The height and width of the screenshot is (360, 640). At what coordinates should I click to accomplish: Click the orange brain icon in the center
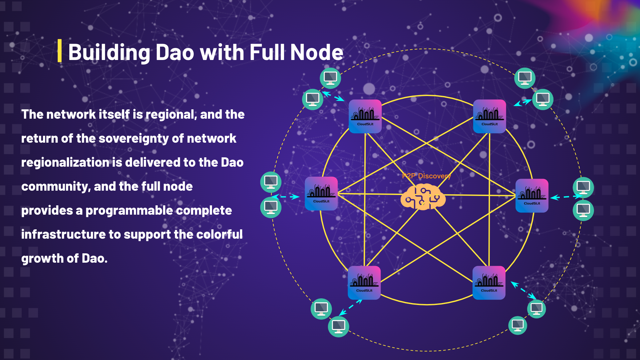tap(423, 197)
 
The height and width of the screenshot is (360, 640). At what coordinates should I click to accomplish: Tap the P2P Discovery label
tap(426, 176)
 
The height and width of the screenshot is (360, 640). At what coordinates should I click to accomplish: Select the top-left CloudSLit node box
tap(365, 116)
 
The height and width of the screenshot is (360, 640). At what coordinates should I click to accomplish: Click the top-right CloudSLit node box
tap(489, 116)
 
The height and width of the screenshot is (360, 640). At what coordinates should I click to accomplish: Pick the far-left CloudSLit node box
tap(321, 194)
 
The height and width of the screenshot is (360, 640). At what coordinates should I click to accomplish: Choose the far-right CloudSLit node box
tap(532, 196)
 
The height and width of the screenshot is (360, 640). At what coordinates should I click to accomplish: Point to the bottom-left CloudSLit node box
tap(364, 283)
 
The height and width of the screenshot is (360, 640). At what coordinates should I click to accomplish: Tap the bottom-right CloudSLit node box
tap(489, 283)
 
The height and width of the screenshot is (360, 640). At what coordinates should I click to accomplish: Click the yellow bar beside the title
tap(59, 51)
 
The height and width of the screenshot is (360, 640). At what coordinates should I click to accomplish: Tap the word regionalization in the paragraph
tap(65, 163)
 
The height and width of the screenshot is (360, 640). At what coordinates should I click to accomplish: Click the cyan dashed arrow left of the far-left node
tap(286, 197)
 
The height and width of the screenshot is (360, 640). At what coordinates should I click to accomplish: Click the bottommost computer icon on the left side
tap(338, 327)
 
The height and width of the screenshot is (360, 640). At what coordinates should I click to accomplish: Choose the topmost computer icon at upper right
tap(525, 78)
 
